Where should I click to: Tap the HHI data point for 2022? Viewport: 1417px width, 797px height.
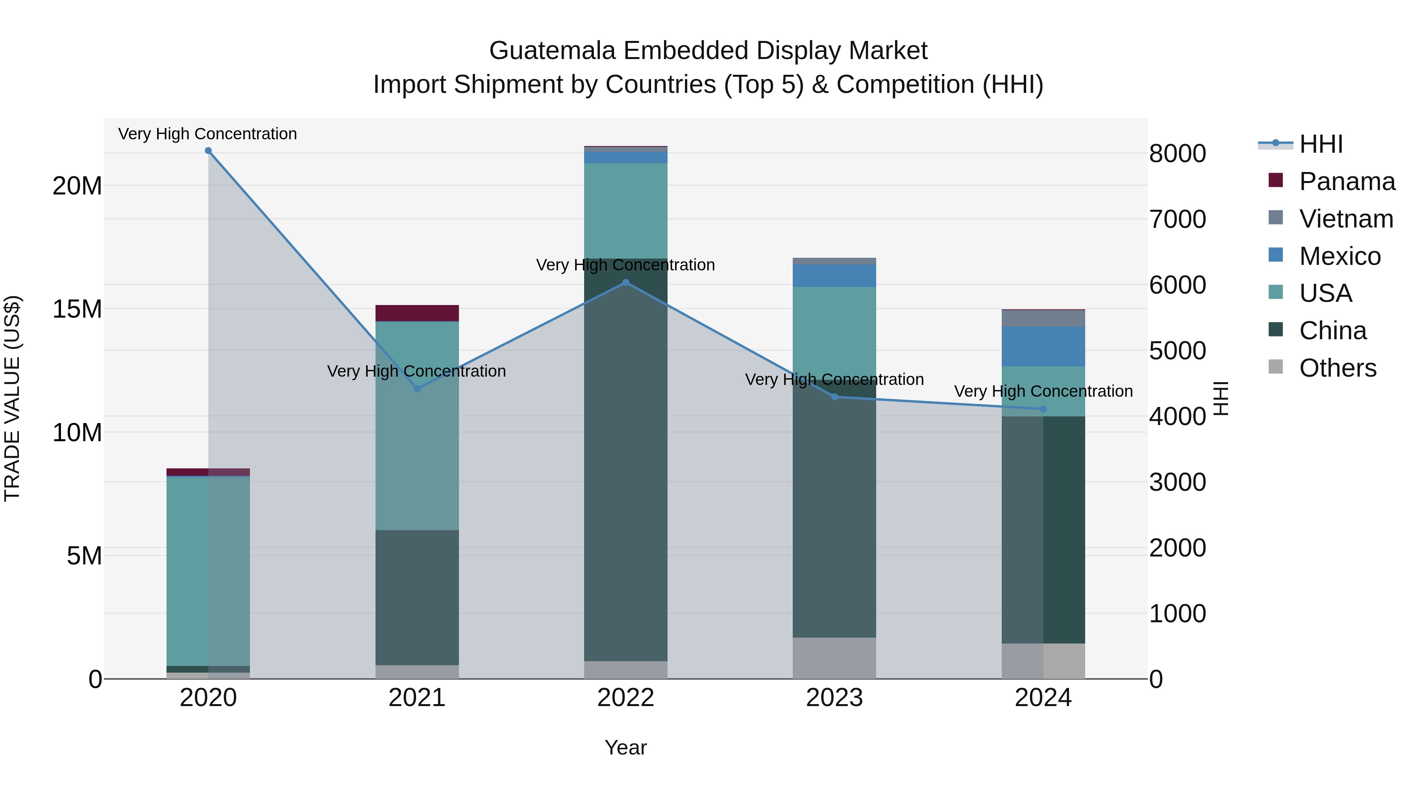pyautogui.click(x=625, y=282)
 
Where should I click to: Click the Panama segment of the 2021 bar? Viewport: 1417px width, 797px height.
pyautogui.click(x=417, y=313)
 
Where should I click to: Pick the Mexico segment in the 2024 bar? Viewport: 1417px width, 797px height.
pyautogui.click(x=1043, y=346)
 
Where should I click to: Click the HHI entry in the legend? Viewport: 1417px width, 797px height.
pyautogui.click(x=1320, y=144)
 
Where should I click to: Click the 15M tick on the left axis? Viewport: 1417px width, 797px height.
pyautogui.click(x=77, y=309)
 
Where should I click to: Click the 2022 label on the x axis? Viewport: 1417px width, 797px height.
pyautogui.click(x=625, y=698)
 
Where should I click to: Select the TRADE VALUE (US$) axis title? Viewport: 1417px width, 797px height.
pyautogui.click(x=12, y=398)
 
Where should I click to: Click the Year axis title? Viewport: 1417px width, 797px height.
pyautogui.click(x=625, y=747)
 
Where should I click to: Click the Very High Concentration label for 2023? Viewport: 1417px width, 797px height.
pyautogui.click(x=834, y=379)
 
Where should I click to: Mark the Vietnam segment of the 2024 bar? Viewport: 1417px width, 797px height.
pyautogui.click(x=1043, y=318)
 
